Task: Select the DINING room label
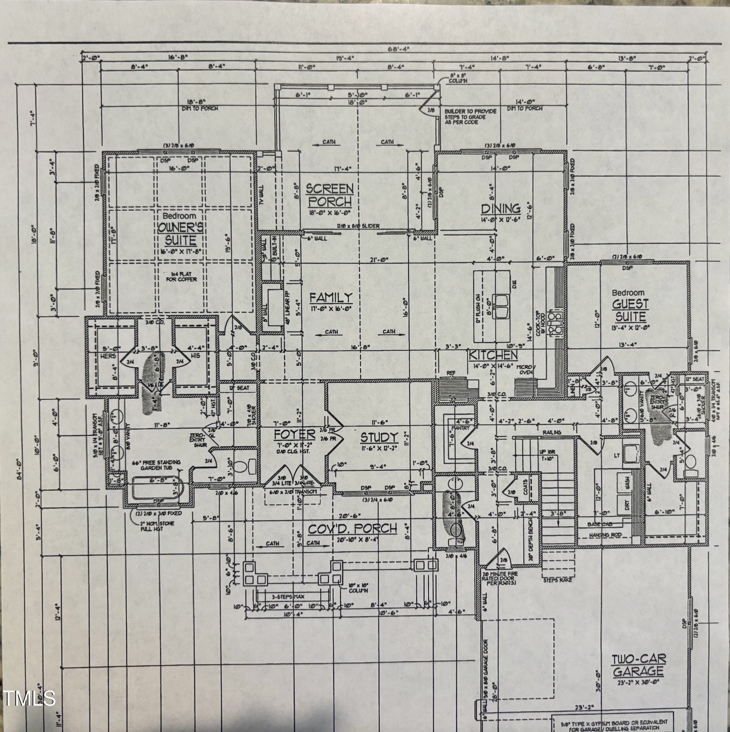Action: point(501,208)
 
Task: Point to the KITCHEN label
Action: point(493,355)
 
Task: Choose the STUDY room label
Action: point(379,437)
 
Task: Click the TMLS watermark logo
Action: point(29,698)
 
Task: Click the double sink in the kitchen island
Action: point(502,306)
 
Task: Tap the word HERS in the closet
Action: point(108,356)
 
